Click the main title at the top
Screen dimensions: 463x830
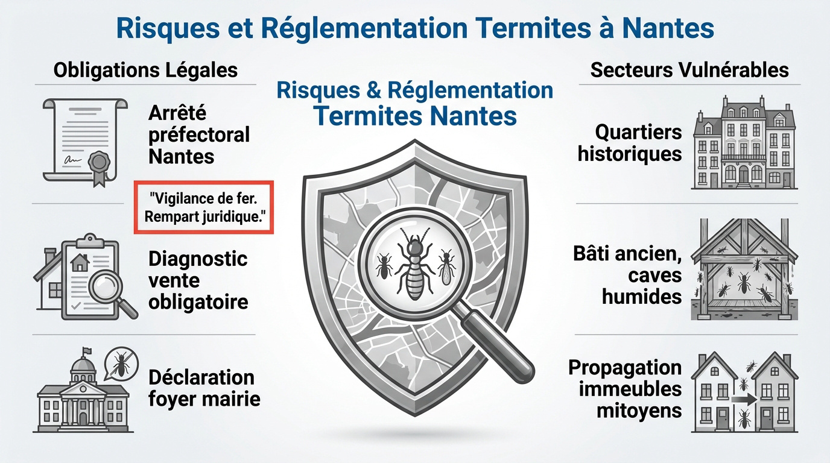point(415,27)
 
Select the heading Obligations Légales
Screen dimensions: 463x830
point(145,70)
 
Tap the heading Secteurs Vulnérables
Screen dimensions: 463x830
point(689,70)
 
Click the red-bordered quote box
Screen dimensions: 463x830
point(203,207)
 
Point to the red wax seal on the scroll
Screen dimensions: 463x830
point(98,162)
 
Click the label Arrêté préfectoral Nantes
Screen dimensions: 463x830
point(198,134)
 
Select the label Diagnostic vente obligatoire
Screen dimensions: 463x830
point(198,280)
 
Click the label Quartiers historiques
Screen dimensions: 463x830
point(630,142)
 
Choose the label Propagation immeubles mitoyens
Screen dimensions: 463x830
point(625,389)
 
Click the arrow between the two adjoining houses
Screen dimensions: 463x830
point(744,398)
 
